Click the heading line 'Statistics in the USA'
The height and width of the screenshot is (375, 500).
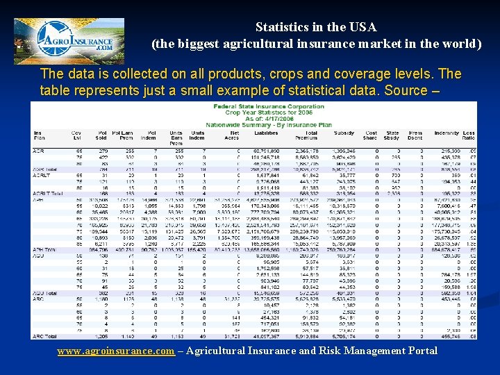click(x=316, y=28)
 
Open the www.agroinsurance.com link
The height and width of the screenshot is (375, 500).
click(x=115, y=351)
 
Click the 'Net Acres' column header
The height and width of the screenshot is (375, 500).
click(x=234, y=135)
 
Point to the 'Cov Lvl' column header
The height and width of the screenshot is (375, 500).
click(x=76, y=135)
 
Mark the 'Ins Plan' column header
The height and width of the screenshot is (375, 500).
click(x=39, y=135)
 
